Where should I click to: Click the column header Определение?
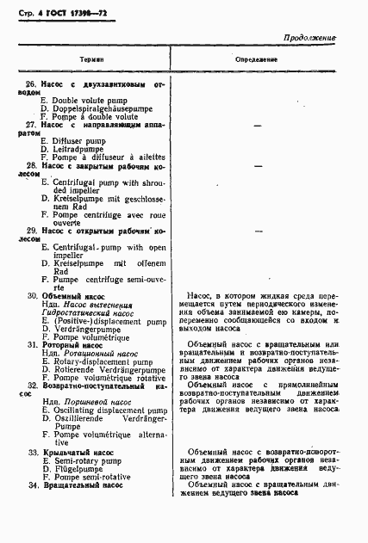point(257,59)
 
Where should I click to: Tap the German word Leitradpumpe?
point(78,149)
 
